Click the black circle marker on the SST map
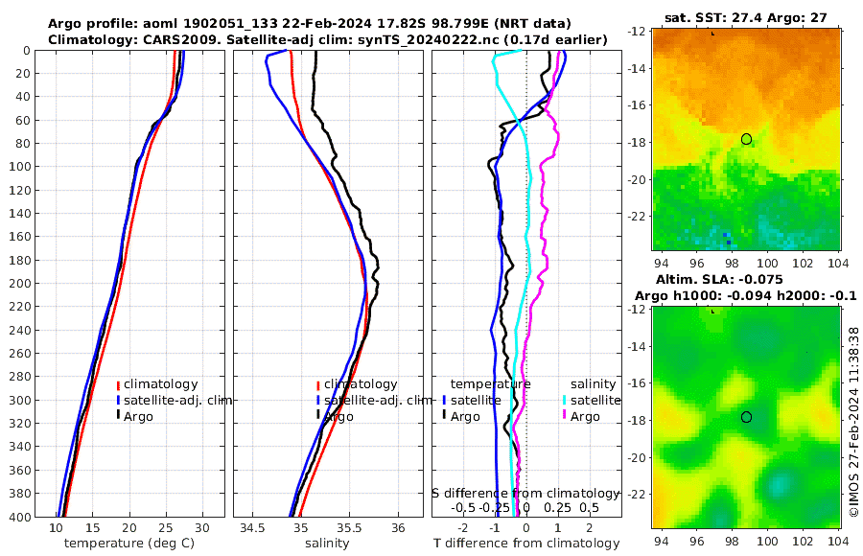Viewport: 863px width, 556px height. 746,139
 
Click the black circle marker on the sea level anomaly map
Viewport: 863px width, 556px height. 746,417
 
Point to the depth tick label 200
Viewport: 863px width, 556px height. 26,283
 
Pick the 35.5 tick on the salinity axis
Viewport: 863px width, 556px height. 349,528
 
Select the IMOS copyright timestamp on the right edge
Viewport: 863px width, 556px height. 852,422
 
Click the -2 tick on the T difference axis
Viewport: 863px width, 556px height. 463,528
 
